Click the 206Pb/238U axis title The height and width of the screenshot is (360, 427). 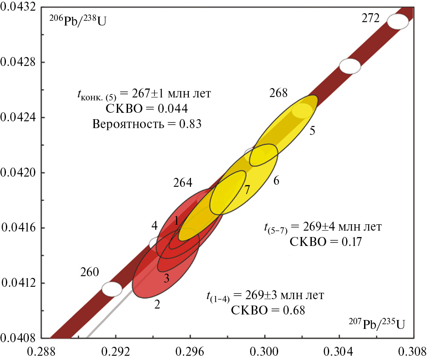pyautogui.click(x=78, y=20)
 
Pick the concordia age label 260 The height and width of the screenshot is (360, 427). pyautogui.click(x=90, y=272)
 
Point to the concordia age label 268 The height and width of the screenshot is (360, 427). pyautogui.click(x=279, y=93)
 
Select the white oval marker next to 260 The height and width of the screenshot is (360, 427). pyautogui.click(x=112, y=289)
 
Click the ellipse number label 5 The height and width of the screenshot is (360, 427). pyautogui.click(x=312, y=131)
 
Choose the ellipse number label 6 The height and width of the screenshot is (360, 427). pyautogui.click(x=276, y=181)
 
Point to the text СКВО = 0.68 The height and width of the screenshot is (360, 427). pyautogui.click(x=268, y=309)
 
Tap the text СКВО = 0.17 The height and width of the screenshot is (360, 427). pyautogui.click(x=325, y=242)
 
